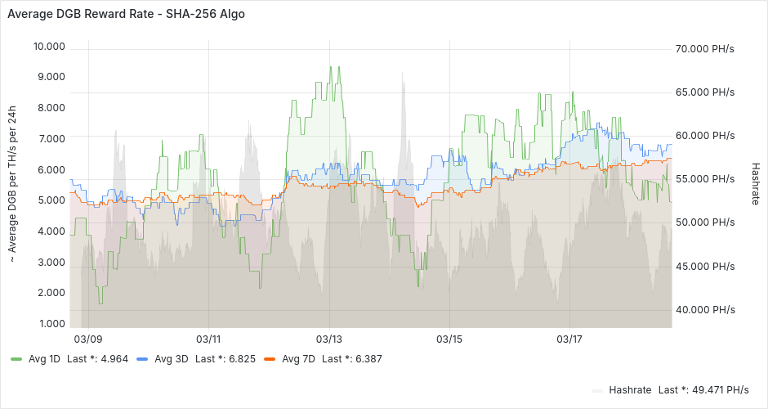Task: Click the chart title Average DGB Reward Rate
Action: pos(126,14)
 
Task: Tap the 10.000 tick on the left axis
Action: pos(48,47)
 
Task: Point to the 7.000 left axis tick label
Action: pos(48,139)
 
